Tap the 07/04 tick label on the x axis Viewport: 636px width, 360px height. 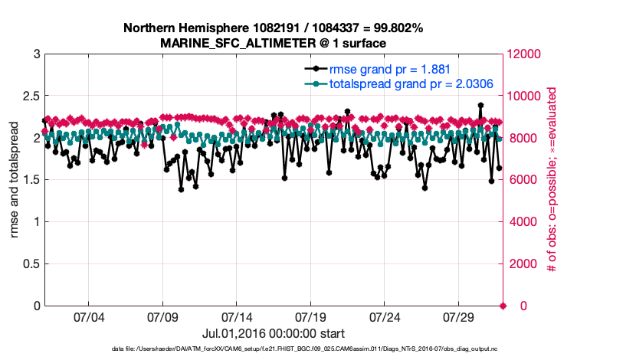[88, 317]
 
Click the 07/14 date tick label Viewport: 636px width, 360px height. [237, 317]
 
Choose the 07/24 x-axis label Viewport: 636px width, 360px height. [385, 317]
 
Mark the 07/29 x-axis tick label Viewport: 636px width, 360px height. [459, 317]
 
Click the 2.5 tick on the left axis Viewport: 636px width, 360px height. [31, 97]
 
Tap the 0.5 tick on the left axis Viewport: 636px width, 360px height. [31, 264]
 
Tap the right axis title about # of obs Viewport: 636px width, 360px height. [552, 180]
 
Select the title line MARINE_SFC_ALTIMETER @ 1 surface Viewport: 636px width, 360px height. [273, 43]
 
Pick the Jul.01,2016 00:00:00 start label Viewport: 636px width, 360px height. [273, 333]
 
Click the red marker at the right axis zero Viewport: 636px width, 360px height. [503, 306]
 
